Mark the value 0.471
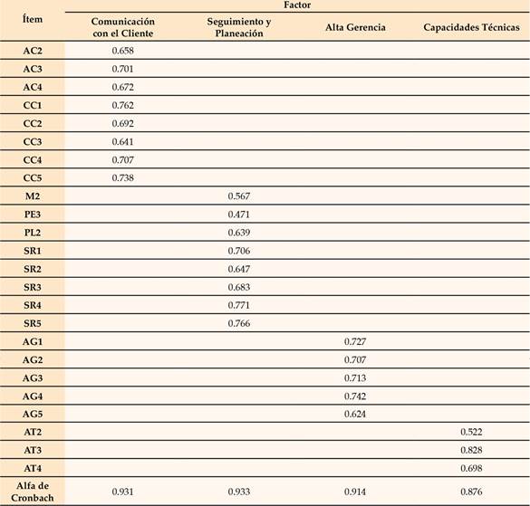(239, 214)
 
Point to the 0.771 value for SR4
(239, 305)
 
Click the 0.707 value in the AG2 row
(356, 359)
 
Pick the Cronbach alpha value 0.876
(470, 491)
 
